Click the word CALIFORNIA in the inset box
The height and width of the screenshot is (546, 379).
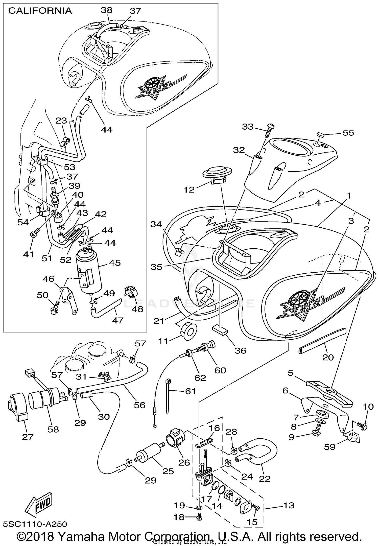coord(40,11)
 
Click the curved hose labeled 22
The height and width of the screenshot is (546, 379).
coord(263,455)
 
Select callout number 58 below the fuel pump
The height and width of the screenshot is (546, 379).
coord(53,429)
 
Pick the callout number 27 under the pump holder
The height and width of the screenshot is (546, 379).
coord(28,437)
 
